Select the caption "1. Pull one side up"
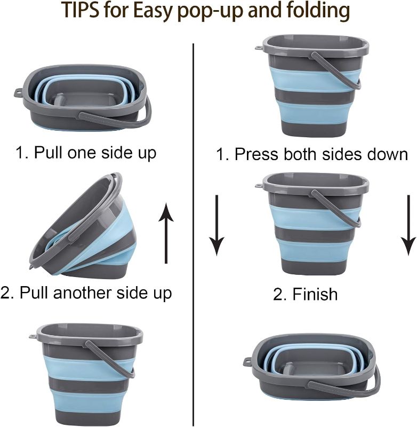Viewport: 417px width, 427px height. (x=86, y=153)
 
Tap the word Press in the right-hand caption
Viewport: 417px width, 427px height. (x=258, y=155)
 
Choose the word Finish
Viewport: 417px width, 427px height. (x=315, y=294)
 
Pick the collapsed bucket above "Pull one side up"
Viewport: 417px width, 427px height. (x=83, y=97)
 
